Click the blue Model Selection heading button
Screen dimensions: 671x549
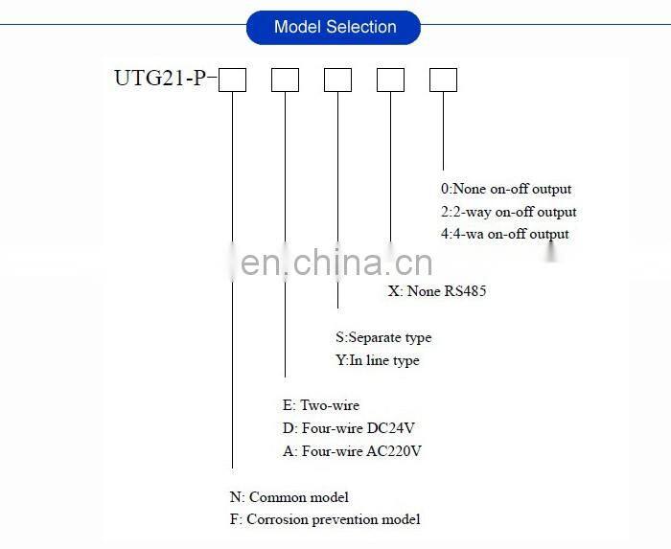(x=334, y=27)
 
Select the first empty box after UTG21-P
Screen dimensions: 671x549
(x=233, y=80)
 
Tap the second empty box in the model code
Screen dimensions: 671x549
(x=285, y=80)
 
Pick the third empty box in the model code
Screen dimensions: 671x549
(x=337, y=80)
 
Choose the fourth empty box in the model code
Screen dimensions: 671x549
(x=390, y=80)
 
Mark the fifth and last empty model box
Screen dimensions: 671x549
(x=443, y=80)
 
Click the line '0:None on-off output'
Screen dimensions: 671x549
(x=506, y=189)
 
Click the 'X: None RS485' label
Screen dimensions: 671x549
(x=437, y=290)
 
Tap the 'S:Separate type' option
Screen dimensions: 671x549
(x=383, y=337)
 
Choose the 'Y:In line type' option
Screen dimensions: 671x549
(x=378, y=360)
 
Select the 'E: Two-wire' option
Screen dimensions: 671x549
(x=316, y=405)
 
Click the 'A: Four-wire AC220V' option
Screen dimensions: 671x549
(x=340, y=450)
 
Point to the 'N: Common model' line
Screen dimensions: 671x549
(x=289, y=497)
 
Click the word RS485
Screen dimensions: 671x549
(x=465, y=290)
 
